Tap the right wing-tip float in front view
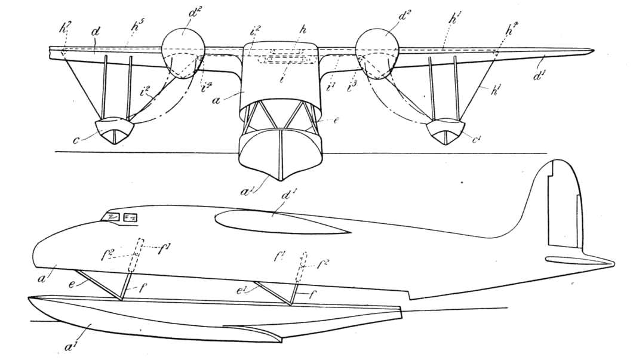pos(445,130)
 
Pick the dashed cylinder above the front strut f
pos(139,254)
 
